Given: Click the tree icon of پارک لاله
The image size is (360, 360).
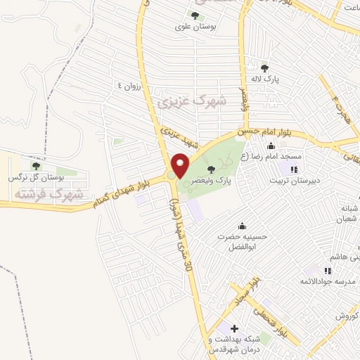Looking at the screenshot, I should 264,68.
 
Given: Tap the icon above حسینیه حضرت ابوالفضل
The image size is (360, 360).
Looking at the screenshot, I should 243,226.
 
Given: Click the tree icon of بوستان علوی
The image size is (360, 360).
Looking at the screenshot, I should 195,15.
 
